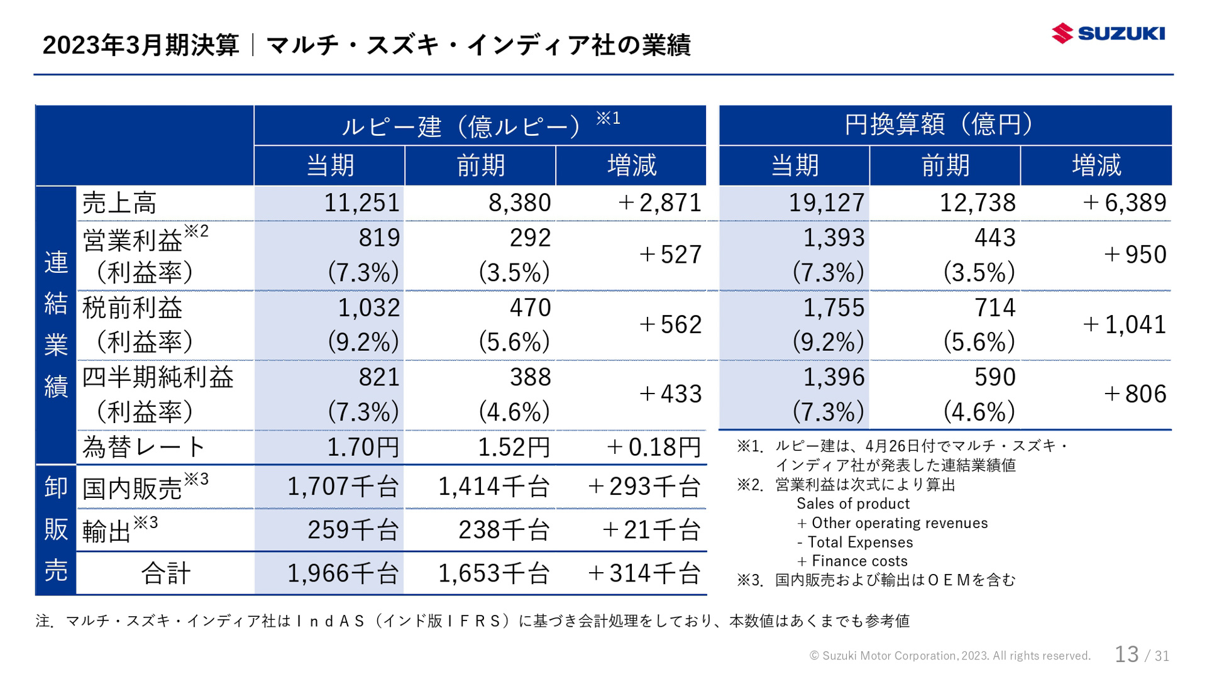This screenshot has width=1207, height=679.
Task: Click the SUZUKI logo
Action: pyautogui.click(x=1108, y=33)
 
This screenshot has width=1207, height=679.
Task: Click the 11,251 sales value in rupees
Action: pyautogui.click(x=361, y=203)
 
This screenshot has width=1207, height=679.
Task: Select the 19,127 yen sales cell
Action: pyautogui.click(x=826, y=203)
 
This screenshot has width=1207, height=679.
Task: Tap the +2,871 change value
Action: pyautogui.click(x=659, y=203)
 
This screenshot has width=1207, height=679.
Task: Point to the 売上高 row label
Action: pyautogui.click(x=119, y=203)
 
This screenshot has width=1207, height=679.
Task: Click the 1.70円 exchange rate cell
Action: pyautogui.click(x=363, y=448)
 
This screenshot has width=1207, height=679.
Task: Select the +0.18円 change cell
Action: pyautogui.click(x=653, y=448)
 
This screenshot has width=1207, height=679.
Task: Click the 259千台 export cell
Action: pyautogui.click(x=353, y=531)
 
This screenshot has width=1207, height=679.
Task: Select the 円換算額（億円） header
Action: pyautogui.click(x=944, y=124)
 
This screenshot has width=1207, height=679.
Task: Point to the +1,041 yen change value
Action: pyautogui.click(x=1124, y=325)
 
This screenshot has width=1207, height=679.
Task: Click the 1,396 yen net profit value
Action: pyautogui.click(x=834, y=377)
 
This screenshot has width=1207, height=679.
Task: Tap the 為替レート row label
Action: pyautogui.click(x=144, y=448)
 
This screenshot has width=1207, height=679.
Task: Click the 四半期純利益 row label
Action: pyautogui.click(x=158, y=377)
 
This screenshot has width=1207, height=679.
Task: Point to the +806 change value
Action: pyautogui.click(x=1135, y=394)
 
